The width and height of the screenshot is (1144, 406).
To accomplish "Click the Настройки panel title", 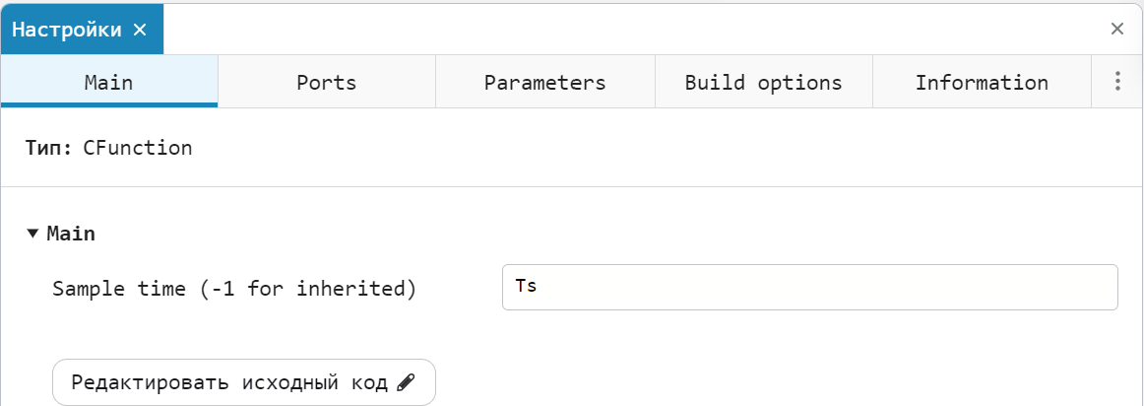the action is (67, 30).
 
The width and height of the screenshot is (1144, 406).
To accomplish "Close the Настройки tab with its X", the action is (140, 30).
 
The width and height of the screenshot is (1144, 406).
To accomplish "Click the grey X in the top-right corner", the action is (1117, 29).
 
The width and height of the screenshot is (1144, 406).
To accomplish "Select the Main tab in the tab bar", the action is (108, 82).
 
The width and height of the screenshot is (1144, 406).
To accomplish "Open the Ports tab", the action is (326, 82).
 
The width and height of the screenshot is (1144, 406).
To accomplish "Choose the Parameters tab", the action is (545, 82).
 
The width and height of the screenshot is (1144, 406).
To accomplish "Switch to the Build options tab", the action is (763, 82).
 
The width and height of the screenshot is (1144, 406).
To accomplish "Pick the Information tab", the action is (982, 82).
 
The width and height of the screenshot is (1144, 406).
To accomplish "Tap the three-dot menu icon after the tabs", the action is (1117, 81).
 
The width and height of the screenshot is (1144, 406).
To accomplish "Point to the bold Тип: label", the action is (49, 148).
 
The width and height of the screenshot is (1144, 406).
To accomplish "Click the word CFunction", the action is (137, 148).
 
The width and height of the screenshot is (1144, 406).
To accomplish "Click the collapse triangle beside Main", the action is (32, 234).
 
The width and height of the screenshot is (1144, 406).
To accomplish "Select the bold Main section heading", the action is (71, 234).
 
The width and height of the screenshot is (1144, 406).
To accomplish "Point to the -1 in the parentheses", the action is (222, 289).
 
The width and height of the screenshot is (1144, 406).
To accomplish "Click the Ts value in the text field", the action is (526, 286).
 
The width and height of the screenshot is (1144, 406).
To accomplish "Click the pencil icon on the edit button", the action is (406, 382).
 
